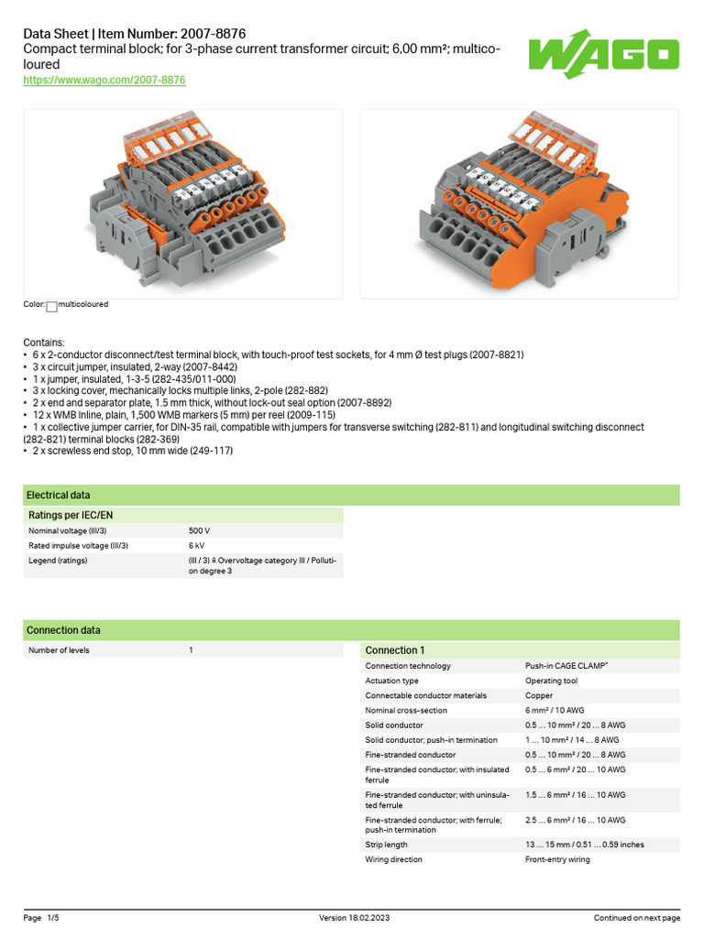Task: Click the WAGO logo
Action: click(603, 58)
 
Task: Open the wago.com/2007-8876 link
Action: click(104, 81)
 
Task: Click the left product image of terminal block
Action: click(182, 203)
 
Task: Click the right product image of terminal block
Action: click(519, 203)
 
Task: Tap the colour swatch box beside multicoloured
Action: click(51, 307)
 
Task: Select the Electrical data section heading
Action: click(59, 495)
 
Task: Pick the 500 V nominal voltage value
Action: click(199, 531)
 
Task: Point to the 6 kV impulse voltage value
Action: click(196, 546)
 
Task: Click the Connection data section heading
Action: click(63, 630)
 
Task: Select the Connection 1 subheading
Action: click(395, 650)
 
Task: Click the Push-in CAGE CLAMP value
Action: click(566, 666)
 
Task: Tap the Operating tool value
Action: click(551, 681)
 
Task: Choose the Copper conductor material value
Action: click(538, 695)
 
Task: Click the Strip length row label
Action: click(387, 845)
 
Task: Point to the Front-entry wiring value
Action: click(557, 859)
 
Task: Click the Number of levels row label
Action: click(60, 650)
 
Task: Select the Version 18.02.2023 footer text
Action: click(352, 918)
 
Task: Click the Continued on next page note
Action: click(636, 918)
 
